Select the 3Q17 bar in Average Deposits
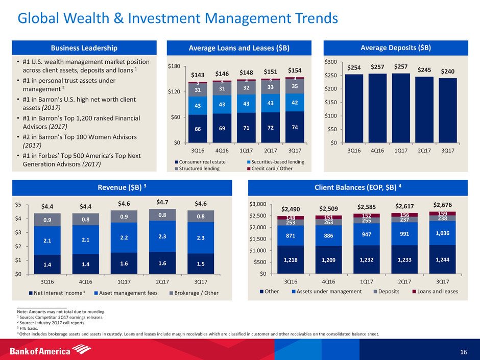click(448, 110)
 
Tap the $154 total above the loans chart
click(295, 70)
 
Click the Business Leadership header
click(83, 48)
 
